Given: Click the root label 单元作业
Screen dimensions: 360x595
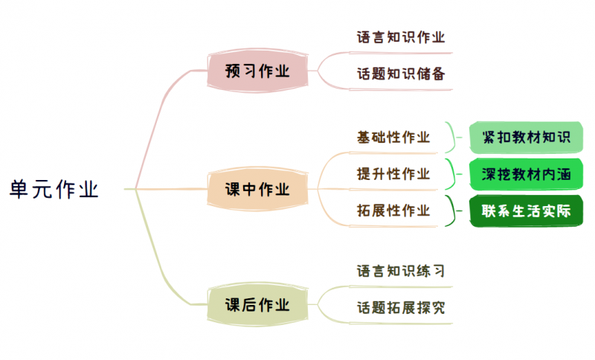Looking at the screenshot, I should click(54, 189).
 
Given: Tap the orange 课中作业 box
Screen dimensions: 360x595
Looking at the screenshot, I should click(257, 189).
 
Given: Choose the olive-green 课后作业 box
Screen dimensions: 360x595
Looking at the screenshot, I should click(257, 304).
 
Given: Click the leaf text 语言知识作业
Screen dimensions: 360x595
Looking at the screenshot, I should click(401, 37).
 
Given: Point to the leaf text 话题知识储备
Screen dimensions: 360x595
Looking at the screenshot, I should click(401, 74).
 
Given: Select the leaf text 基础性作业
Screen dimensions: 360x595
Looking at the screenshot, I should click(393, 137).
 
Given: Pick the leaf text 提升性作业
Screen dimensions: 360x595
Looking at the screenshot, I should click(393, 174).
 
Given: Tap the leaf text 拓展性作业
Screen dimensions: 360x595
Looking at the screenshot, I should click(393, 210).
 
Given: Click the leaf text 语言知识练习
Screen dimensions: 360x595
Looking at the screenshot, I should click(401, 270).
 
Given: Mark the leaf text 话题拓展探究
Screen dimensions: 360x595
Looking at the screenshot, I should click(401, 307).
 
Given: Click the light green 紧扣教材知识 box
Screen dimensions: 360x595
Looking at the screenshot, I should click(526, 137).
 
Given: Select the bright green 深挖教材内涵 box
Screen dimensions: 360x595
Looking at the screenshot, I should click(526, 174).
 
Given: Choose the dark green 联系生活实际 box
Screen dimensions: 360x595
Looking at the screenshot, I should click(526, 210).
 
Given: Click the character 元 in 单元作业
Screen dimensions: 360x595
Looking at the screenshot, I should click(42, 189).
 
